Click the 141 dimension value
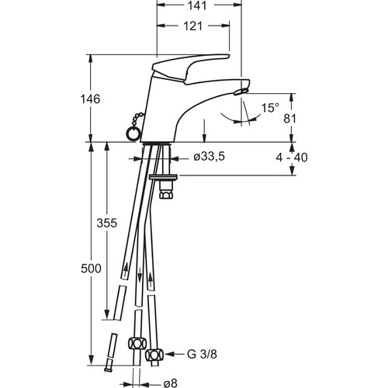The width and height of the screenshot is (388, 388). pos(197,5)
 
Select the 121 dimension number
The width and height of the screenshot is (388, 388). pos(192,26)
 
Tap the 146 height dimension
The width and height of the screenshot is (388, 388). pos(90,99)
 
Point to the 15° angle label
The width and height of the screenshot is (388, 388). pos(270,108)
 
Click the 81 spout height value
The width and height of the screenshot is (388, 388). pos(290,119)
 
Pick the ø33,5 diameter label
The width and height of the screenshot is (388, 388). pos(210,157)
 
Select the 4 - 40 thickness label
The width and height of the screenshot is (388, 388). pos(292,158)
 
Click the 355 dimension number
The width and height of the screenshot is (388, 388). pos(107,223)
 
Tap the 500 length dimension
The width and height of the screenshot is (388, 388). pos(91,268)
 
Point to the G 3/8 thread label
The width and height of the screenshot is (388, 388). pos(202,354)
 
